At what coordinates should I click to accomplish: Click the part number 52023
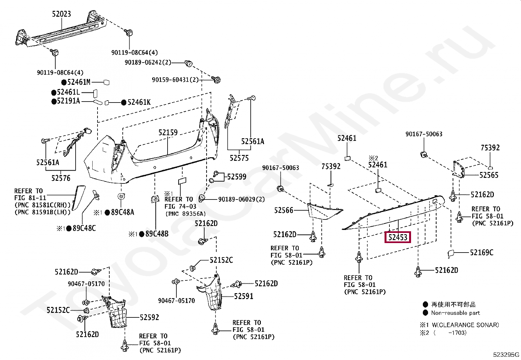(x=62, y=14)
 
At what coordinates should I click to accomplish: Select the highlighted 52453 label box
(x=398, y=237)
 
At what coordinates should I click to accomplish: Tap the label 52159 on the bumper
(x=168, y=133)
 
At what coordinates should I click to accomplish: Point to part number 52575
(x=239, y=158)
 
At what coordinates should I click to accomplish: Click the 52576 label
(x=61, y=178)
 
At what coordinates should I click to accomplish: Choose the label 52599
(x=237, y=177)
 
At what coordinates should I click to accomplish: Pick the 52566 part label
(x=284, y=210)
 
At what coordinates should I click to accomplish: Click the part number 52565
(x=489, y=175)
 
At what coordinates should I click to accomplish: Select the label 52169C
(x=482, y=253)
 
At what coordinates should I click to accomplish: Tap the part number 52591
(x=244, y=296)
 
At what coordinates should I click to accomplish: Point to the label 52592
(x=149, y=317)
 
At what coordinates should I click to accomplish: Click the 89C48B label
(x=157, y=234)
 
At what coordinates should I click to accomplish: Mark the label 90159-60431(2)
(x=175, y=80)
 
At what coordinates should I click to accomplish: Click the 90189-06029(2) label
(x=242, y=199)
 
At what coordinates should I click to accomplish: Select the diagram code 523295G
(x=506, y=354)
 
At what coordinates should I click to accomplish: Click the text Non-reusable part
(x=455, y=313)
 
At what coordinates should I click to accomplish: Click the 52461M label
(x=79, y=82)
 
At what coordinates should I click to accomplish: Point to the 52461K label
(x=139, y=103)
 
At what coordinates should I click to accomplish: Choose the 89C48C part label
(x=84, y=228)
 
